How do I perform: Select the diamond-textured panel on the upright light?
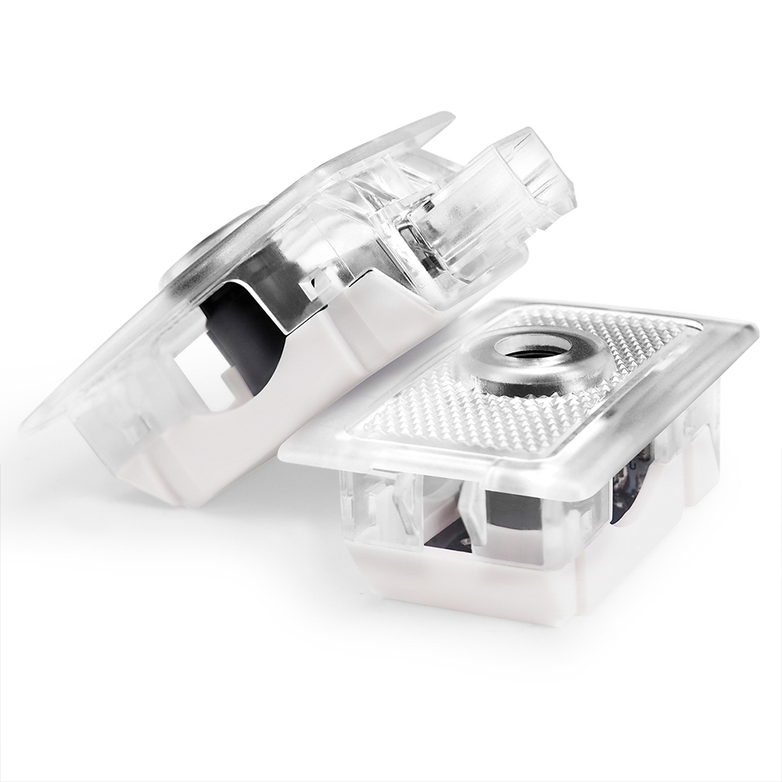point(438,422)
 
